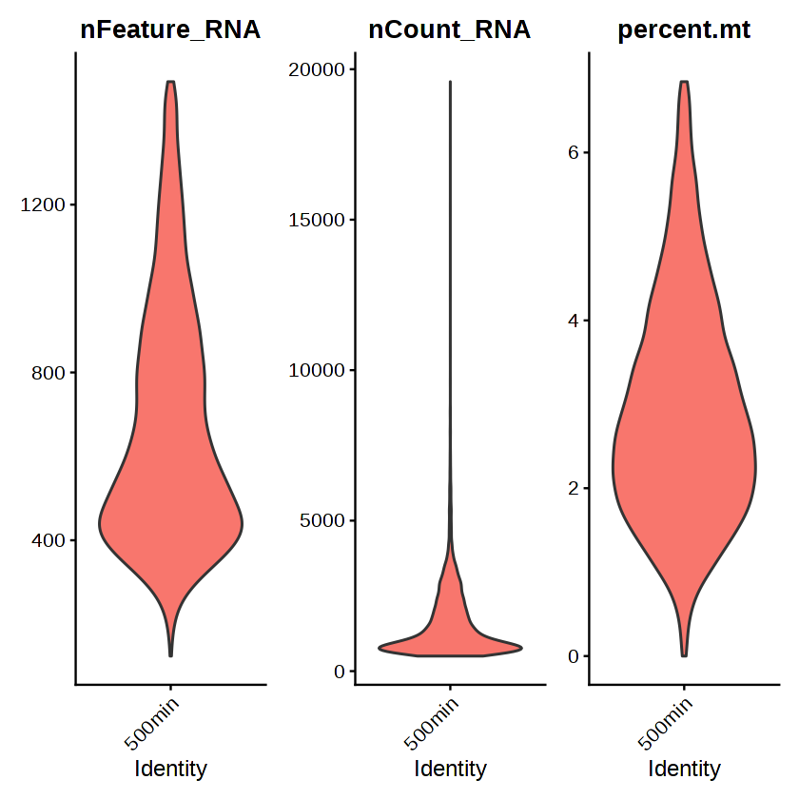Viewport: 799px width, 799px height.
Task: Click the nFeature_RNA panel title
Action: click(170, 30)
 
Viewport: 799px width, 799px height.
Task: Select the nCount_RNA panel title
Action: click(450, 30)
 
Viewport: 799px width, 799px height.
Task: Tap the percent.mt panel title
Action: click(684, 30)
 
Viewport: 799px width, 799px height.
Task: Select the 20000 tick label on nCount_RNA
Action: click(318, 69)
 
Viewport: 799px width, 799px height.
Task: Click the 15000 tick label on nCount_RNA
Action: click(318, 220)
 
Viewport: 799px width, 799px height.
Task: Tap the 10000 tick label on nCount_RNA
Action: click(318, 370)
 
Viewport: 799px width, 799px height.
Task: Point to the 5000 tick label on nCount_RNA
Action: click(323, 520)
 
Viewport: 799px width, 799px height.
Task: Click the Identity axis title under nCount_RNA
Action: click(450, 769)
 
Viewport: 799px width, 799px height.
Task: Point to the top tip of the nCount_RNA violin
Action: click(450, 83)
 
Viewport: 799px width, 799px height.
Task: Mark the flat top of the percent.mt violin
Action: click(684, 82)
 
